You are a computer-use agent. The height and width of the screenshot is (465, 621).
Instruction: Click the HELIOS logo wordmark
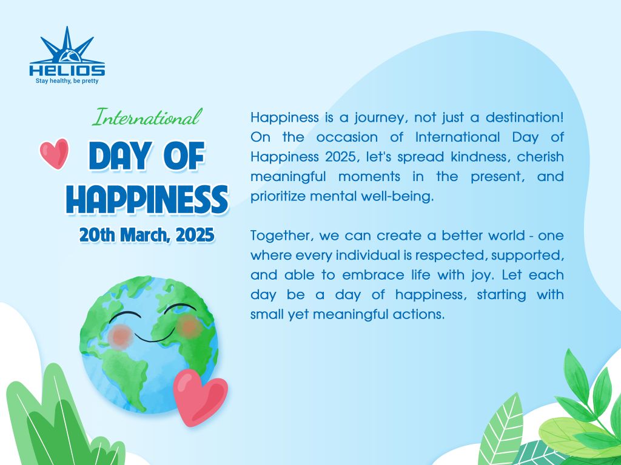click(x=67, y=70)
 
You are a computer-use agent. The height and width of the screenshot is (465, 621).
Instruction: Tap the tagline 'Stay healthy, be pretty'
click(x=67, y=81)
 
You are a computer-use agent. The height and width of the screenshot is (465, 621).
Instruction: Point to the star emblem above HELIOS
click(x=67, y=45)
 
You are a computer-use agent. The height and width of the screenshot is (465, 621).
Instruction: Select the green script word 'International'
click(x=147, y=117)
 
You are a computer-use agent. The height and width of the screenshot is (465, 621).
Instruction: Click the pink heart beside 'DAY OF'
click(x=54, y=153)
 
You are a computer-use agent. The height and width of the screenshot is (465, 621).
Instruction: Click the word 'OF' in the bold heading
click(x=184, y=156)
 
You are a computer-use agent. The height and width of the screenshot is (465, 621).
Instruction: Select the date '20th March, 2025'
click(x=147, y=235)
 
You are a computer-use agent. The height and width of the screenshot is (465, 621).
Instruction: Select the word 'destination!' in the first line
click(x=525, y=117)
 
